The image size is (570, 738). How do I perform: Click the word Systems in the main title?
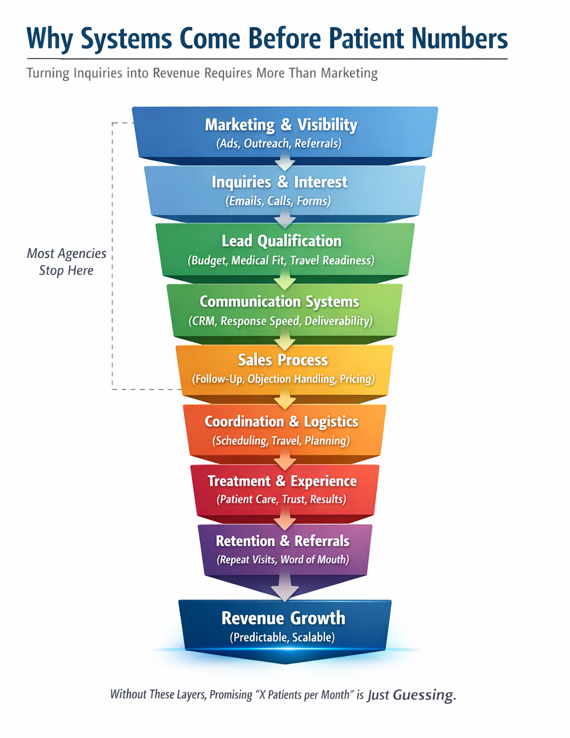click(x=126, y=39)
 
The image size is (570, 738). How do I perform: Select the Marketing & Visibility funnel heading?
click(x=281, y=124)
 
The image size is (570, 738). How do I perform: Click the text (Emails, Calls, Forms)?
click(x=278, y=201)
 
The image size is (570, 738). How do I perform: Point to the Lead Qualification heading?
click(x=282, y=241)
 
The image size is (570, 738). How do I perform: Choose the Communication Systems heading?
click(x=279, y=301)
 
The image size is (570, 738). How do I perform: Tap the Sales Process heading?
click(x=283, y=360)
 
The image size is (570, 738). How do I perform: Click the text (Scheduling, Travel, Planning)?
click(x=281, y=440)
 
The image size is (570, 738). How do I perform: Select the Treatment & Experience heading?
click(x=282, y=481)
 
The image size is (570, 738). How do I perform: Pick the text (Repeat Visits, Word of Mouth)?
click(x=283, y=559)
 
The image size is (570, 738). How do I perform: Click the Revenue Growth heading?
click(x=283, y=618)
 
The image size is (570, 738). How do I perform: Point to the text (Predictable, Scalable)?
click(x=282, y=637)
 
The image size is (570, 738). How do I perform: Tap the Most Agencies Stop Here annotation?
click(x=66, y=262)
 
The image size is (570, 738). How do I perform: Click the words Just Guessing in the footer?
click(x=412, y=695)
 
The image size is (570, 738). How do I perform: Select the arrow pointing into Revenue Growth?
click(x=285, y=591)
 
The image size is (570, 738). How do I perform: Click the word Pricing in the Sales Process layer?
click(x=357, y=379)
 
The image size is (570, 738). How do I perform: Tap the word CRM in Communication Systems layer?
click(x=204, y=321)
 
